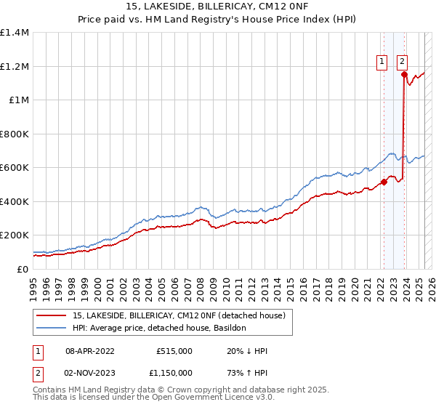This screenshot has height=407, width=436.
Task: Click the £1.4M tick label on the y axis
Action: (15, 33)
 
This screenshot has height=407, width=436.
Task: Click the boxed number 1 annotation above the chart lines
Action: (382, 63)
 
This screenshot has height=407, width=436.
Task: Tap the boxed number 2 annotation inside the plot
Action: (402, 63)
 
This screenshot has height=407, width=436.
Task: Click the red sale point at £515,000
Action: (384, 182)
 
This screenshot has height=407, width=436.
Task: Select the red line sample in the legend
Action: (53, 315)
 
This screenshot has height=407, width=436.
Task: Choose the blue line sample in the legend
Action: (53, 328)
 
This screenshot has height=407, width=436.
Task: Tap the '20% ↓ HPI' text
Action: (247, 351)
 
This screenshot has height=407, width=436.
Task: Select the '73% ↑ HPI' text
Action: (247, 373)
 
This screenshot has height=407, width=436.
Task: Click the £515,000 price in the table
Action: (174, 351)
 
